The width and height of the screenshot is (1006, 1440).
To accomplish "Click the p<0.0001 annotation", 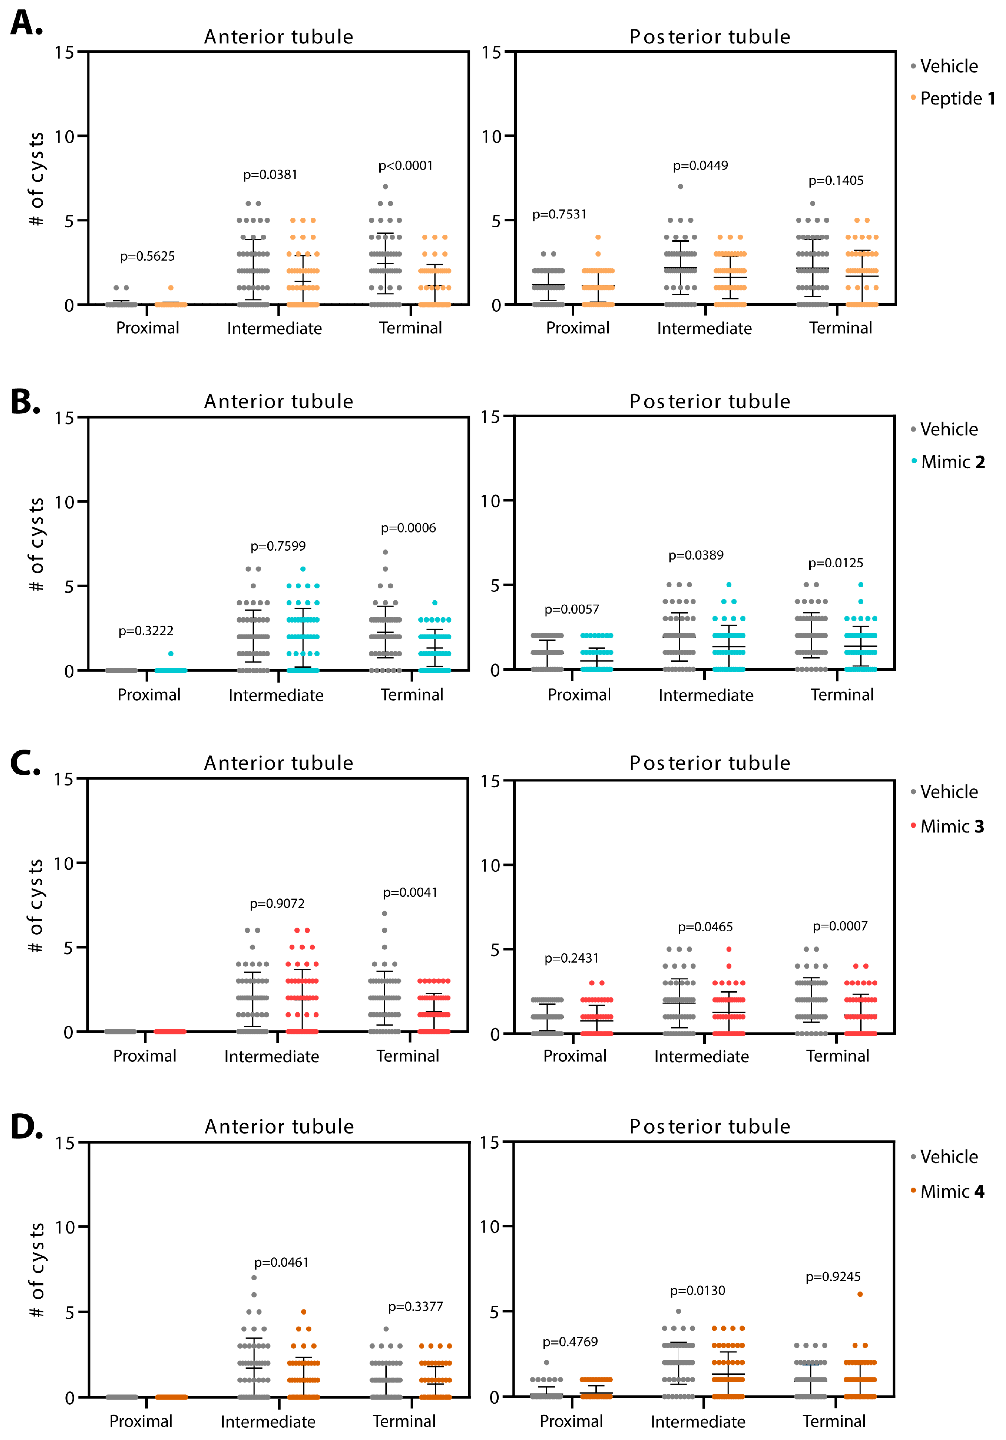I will point(405,166).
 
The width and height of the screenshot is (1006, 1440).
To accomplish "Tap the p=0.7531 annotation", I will point(559,215).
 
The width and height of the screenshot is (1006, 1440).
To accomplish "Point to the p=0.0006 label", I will point(408,528).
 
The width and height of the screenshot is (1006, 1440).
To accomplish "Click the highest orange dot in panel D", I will point(860,1294).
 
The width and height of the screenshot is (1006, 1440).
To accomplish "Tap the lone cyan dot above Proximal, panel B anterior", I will point(171,654).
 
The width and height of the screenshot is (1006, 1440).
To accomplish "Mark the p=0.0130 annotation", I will point(697,1291).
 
